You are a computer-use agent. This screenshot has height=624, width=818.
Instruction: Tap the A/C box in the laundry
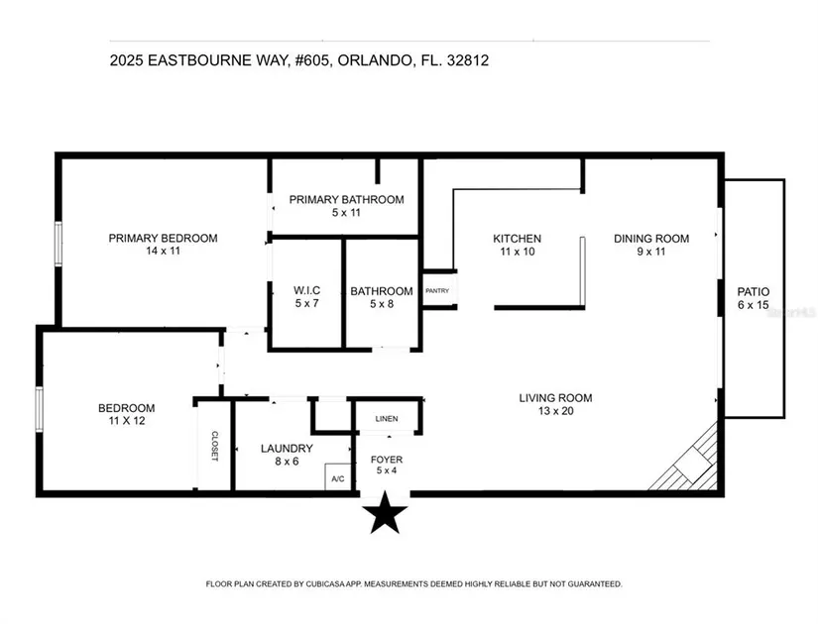coord(338,477)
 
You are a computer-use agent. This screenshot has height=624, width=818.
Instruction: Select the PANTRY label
coord(437,291)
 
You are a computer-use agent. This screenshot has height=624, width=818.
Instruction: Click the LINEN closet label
coord(387,419)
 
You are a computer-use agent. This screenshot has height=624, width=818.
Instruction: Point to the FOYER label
coord(387,460)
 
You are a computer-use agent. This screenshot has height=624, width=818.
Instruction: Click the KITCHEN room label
coord(517,239)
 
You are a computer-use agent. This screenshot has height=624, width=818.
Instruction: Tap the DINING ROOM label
coord(651,239)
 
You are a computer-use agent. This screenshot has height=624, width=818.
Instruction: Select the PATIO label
coord(754,291)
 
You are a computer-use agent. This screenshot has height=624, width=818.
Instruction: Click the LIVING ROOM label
coord(555,398)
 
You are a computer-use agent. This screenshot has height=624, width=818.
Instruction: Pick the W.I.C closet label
coord(306,290)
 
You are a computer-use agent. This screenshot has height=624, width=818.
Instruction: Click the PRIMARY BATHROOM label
coord(346,199)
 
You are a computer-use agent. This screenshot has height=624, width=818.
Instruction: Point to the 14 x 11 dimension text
coord(163,251)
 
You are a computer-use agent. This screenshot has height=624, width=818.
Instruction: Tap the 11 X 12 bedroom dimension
coord(127,421)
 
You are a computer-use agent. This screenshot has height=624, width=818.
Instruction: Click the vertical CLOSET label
coord(214,446)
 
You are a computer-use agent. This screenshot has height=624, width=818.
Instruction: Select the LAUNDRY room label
coord(287,449)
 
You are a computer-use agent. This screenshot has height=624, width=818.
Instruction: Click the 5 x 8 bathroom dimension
coord(382,304)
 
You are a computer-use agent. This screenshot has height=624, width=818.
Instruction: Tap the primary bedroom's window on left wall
coord(58,244)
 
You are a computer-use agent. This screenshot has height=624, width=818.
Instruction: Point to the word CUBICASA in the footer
coord(326,584)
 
